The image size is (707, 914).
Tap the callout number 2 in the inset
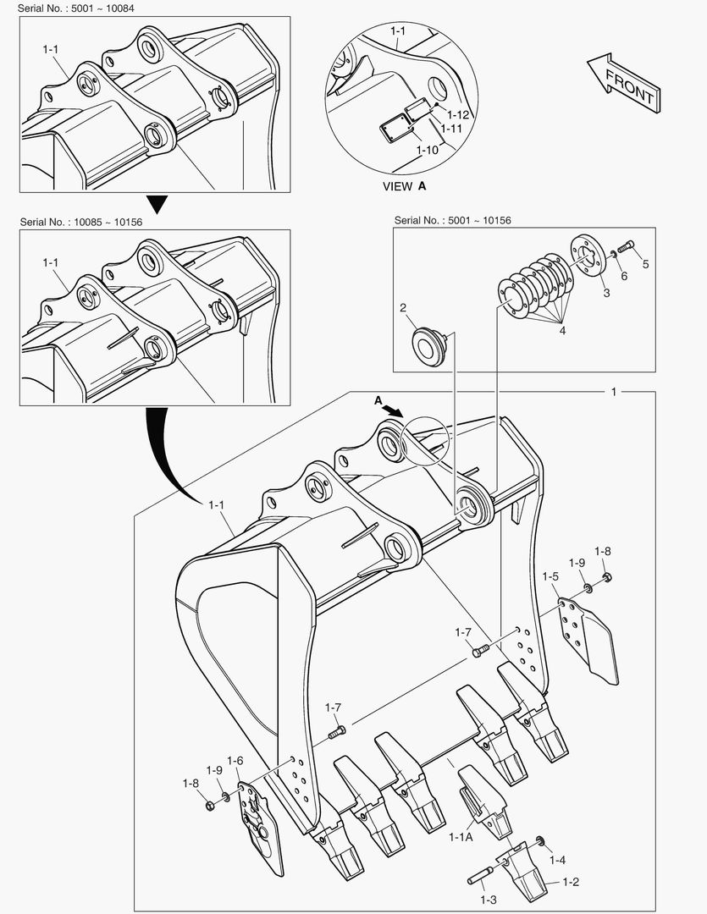point(404,307)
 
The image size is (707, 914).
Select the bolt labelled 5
point(626,248)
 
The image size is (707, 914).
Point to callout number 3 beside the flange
point(606,293)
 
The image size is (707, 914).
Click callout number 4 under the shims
point(562,331)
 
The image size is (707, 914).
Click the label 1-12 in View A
point(458,114)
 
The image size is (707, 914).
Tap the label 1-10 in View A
point(428,149)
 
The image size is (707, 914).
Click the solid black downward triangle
point(155,204)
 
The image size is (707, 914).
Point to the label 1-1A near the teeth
point(461,837)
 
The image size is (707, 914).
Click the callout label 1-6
point(235,761)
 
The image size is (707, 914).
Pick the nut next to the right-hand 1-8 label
point(606,578)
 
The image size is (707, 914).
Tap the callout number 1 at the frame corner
point(614,392)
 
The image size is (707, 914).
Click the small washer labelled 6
point(613,254)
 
